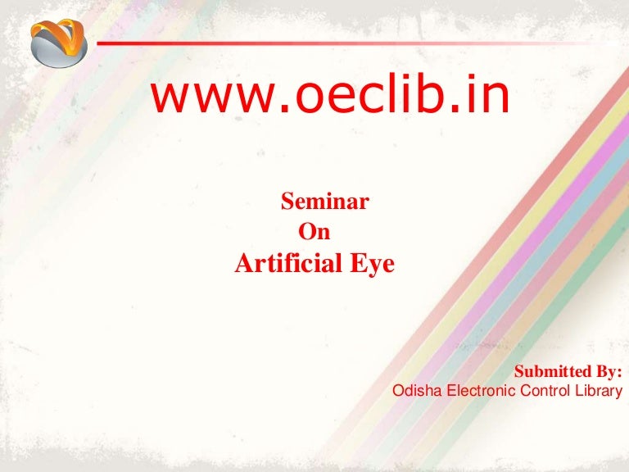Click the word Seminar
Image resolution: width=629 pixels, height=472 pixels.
pos(324,200)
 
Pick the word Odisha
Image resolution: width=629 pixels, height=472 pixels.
pos(417,391)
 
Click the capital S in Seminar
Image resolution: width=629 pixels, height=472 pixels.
pos(287,200)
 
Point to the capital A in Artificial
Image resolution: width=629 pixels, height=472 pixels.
pos(243,264)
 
